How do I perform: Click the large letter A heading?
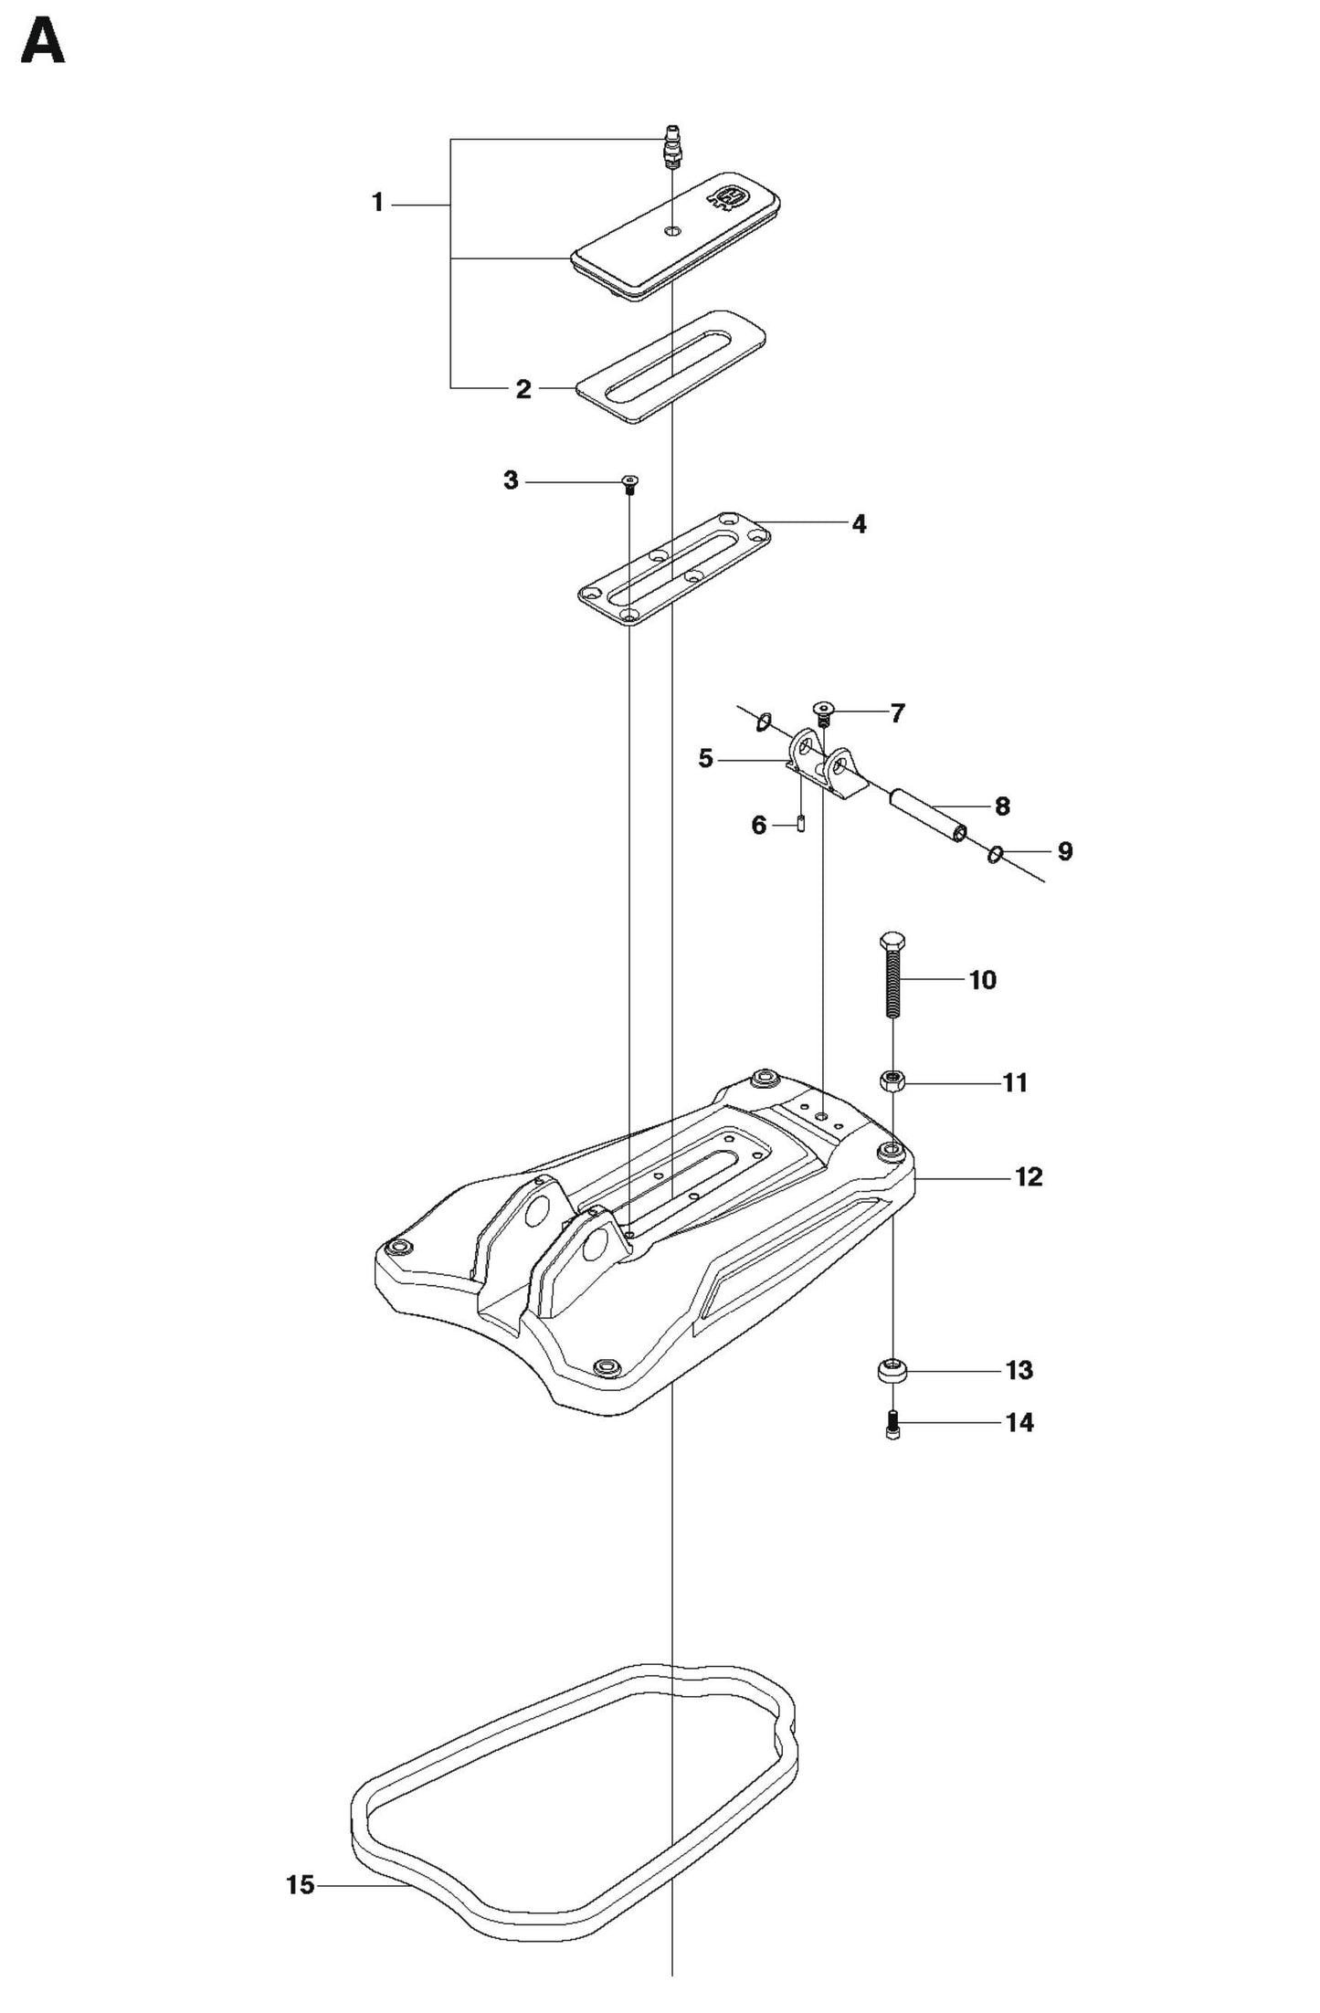coord(42,43)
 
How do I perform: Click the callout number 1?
coord(377,203)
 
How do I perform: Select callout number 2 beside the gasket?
coord(523,389)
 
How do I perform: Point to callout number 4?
coord(858,524)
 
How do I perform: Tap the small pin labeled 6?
coord(800,823)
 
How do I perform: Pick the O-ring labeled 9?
coord(996,855)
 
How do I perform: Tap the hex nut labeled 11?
coord(892,1081)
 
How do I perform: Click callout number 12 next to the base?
coord(1028,1177)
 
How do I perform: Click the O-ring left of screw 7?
coord(764,723)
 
